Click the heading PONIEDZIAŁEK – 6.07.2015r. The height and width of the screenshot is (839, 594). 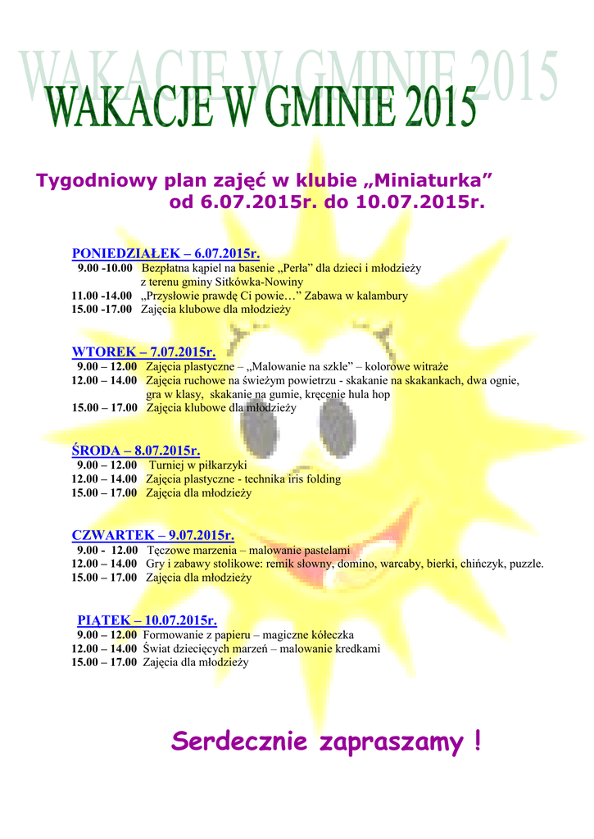166,253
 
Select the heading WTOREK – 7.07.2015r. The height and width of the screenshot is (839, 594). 143,352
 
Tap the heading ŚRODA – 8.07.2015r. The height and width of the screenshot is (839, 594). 136,450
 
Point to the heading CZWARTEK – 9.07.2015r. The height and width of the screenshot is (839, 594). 153,535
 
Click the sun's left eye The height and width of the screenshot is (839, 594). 260,426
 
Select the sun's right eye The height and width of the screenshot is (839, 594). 337,426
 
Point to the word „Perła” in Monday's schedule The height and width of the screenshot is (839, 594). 293,268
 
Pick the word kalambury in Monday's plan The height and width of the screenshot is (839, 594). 379,296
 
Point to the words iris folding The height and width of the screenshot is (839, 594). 311,478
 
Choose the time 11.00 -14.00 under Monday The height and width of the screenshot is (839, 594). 102,296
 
